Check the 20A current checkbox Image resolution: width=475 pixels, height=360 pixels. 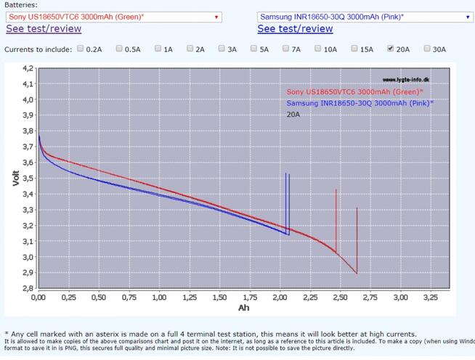pos(391,49)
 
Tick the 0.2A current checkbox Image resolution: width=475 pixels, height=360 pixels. pos(80,49)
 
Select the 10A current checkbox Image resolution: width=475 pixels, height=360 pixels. pos(318,49)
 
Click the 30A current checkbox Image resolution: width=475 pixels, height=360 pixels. pos(426,49)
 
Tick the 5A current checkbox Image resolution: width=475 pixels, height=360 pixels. pos(254,49)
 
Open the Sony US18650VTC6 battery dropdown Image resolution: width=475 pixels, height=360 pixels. pos(113,16)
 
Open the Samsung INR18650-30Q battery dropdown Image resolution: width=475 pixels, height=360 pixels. pos(365,16)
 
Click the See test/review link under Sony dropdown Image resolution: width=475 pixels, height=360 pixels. pos(44,29)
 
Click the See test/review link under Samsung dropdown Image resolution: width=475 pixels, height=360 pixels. pos(295,29)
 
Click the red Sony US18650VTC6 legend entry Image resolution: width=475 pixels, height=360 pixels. pos(354,92)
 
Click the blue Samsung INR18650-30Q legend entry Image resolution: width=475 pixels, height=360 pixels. pos(360,103)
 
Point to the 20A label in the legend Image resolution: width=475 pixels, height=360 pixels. pos(293,114)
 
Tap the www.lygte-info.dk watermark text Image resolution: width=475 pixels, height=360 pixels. pos(408,81)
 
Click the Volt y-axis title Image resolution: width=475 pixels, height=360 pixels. pos(15,179)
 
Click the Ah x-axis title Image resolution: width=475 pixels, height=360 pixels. pos(244,308)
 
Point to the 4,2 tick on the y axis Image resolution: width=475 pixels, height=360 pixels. pos(28,69)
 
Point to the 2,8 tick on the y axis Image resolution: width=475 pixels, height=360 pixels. pos(28,289)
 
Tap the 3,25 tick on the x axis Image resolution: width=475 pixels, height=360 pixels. pos(430,298)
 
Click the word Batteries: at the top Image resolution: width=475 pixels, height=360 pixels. pos(21,4)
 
